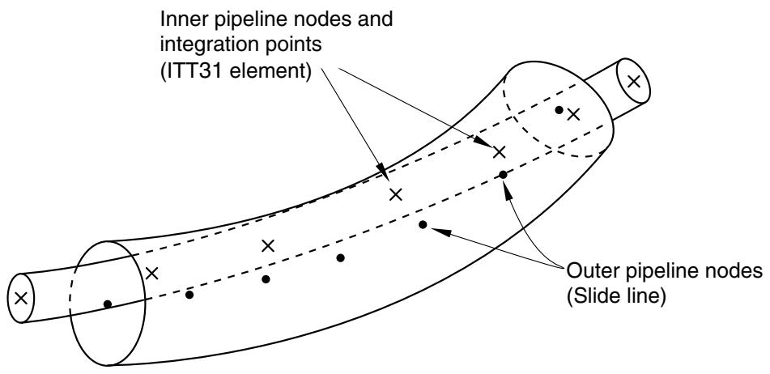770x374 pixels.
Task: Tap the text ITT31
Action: (x=190, y=72)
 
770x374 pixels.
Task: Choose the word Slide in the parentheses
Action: (x=593, y=296)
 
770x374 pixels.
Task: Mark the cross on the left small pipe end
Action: (x=20, y=297)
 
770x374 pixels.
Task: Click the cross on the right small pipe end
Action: (x=634, y=81)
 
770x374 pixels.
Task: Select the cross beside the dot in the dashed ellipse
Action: (x=573, y=115)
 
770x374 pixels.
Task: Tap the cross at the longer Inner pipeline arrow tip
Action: (x=499, y=151)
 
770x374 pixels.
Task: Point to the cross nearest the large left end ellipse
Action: (x=152, y=274)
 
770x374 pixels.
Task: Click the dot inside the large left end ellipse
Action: (x=108, y=304)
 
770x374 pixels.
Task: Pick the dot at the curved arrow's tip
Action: (x=503, y=174)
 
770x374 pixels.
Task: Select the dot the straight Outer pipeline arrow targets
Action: (x=423, y=225)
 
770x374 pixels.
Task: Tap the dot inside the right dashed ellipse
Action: (x=559, y=110)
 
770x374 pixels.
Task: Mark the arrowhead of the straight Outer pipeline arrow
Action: (x=440, y=231)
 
